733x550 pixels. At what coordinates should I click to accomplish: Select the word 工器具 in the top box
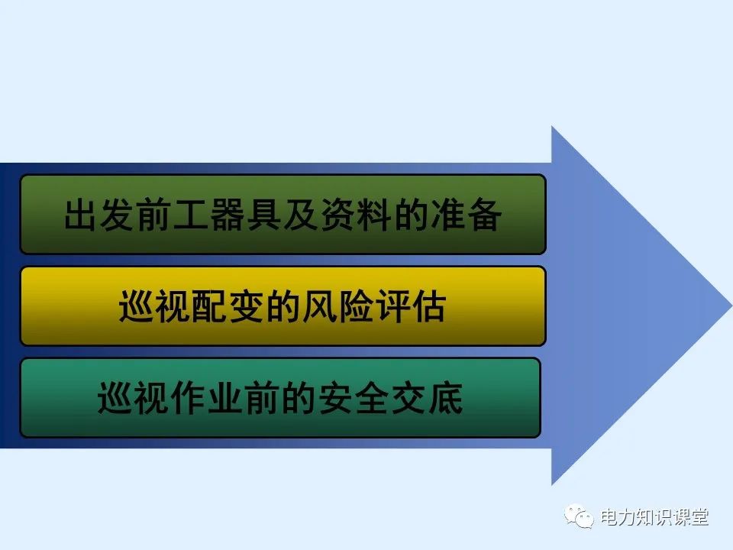tap(227, 215)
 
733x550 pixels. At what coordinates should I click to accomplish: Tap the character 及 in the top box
tap(300, 215)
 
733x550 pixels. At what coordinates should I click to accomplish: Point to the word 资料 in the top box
tap(355, 215)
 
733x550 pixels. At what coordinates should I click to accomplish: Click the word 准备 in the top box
tap(465, 215)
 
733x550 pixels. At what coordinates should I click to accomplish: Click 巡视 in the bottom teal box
tap(134, 399)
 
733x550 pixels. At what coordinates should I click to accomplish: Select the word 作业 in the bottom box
tap(208, 399)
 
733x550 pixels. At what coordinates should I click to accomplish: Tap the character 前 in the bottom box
tap(262, 399)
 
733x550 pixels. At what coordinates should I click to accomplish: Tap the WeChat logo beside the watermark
tap(579, 518)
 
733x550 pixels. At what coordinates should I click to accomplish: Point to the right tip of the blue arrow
tap(728, 305)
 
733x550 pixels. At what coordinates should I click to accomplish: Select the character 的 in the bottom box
tap(299, 399)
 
